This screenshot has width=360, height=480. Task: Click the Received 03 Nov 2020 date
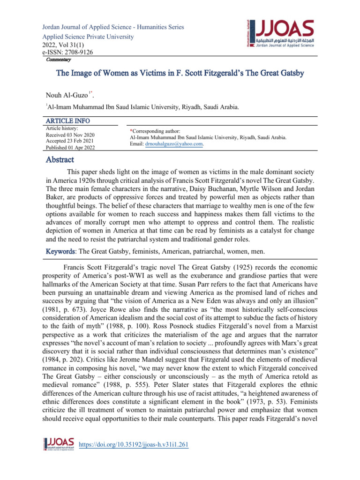[x=70, y=135]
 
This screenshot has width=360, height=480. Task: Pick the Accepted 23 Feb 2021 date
[x=70, y=141]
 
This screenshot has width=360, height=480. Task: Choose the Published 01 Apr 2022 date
[x=71, y=148]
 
